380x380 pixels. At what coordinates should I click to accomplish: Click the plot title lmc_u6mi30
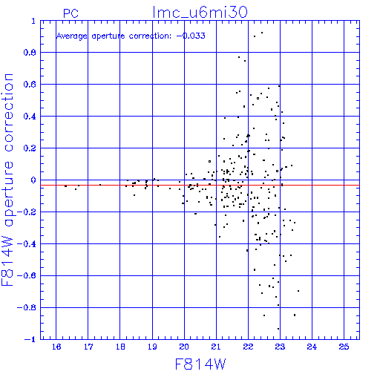click(200, 13)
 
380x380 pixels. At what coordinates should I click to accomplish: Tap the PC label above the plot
click(71, 13)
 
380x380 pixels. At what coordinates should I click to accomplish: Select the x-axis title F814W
click(200, 364)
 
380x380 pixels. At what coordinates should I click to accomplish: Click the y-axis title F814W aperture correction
click(8, 180)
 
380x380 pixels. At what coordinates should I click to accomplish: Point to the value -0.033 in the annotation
click(191, 36)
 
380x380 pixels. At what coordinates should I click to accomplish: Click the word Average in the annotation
click(72, 36)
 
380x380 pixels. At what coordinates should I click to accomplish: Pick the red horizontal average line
click(200, 185)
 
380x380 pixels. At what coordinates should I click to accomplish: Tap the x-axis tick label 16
click(56, 347)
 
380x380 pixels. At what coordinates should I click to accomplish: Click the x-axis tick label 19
click(152, 347)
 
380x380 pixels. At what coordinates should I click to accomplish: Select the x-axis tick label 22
click(248, 347)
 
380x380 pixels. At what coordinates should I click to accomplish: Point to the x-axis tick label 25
click(344, 347)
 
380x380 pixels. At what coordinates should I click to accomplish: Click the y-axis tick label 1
click(33, 21)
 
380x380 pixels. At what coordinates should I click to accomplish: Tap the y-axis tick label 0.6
click(30, 85)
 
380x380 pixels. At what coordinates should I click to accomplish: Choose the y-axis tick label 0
click(33, 180)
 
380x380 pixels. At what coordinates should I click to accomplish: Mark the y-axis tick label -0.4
click(27, 244)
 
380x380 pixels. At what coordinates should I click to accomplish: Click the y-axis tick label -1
click(30, 339)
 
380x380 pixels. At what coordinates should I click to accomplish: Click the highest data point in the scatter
click(262, 33)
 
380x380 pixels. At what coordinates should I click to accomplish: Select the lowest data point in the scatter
click(278, 329)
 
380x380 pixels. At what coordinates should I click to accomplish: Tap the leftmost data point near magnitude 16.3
click(65, 186)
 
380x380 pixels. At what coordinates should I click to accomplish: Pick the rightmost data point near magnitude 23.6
click(298, 291)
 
